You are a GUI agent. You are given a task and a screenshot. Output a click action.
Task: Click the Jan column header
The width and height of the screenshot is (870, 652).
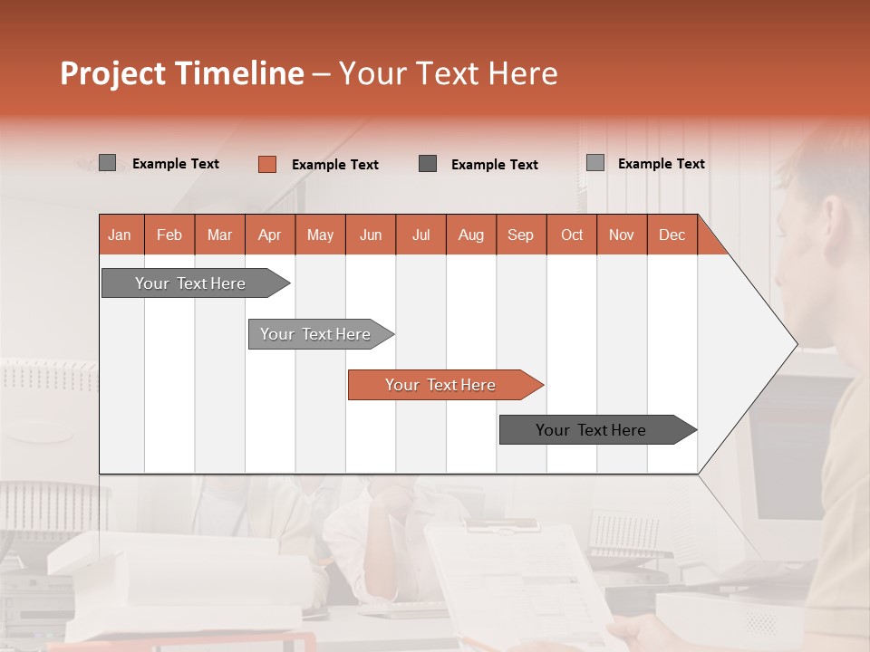(x=121, y=235)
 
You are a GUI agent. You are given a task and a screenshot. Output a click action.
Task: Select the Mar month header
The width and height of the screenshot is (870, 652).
(x=219, y=235)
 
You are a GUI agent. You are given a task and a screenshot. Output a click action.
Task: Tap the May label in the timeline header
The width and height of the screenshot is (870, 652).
(x=320, y=235)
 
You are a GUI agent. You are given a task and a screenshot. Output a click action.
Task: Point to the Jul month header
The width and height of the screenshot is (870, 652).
(x=420, y=235)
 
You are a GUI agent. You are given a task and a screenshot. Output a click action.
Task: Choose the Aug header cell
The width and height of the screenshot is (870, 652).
(x=470, y=235)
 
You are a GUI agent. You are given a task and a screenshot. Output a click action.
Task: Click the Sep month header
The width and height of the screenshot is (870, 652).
(x=520, y=235)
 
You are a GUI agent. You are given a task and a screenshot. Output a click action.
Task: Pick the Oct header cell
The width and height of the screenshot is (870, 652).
(x=572, y=235)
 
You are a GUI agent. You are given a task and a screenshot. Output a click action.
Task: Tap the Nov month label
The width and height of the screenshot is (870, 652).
(x=622, y=235)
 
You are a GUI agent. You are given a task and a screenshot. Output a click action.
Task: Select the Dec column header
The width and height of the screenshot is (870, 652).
(x=672, y=235)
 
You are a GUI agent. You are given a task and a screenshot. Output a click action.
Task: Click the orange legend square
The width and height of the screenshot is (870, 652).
(x=266, y=164)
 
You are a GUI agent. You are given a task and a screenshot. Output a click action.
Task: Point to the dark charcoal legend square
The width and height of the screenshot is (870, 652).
(x=428, y=163)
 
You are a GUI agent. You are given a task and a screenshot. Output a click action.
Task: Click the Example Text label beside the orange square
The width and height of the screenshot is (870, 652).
(x=334, y=165)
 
